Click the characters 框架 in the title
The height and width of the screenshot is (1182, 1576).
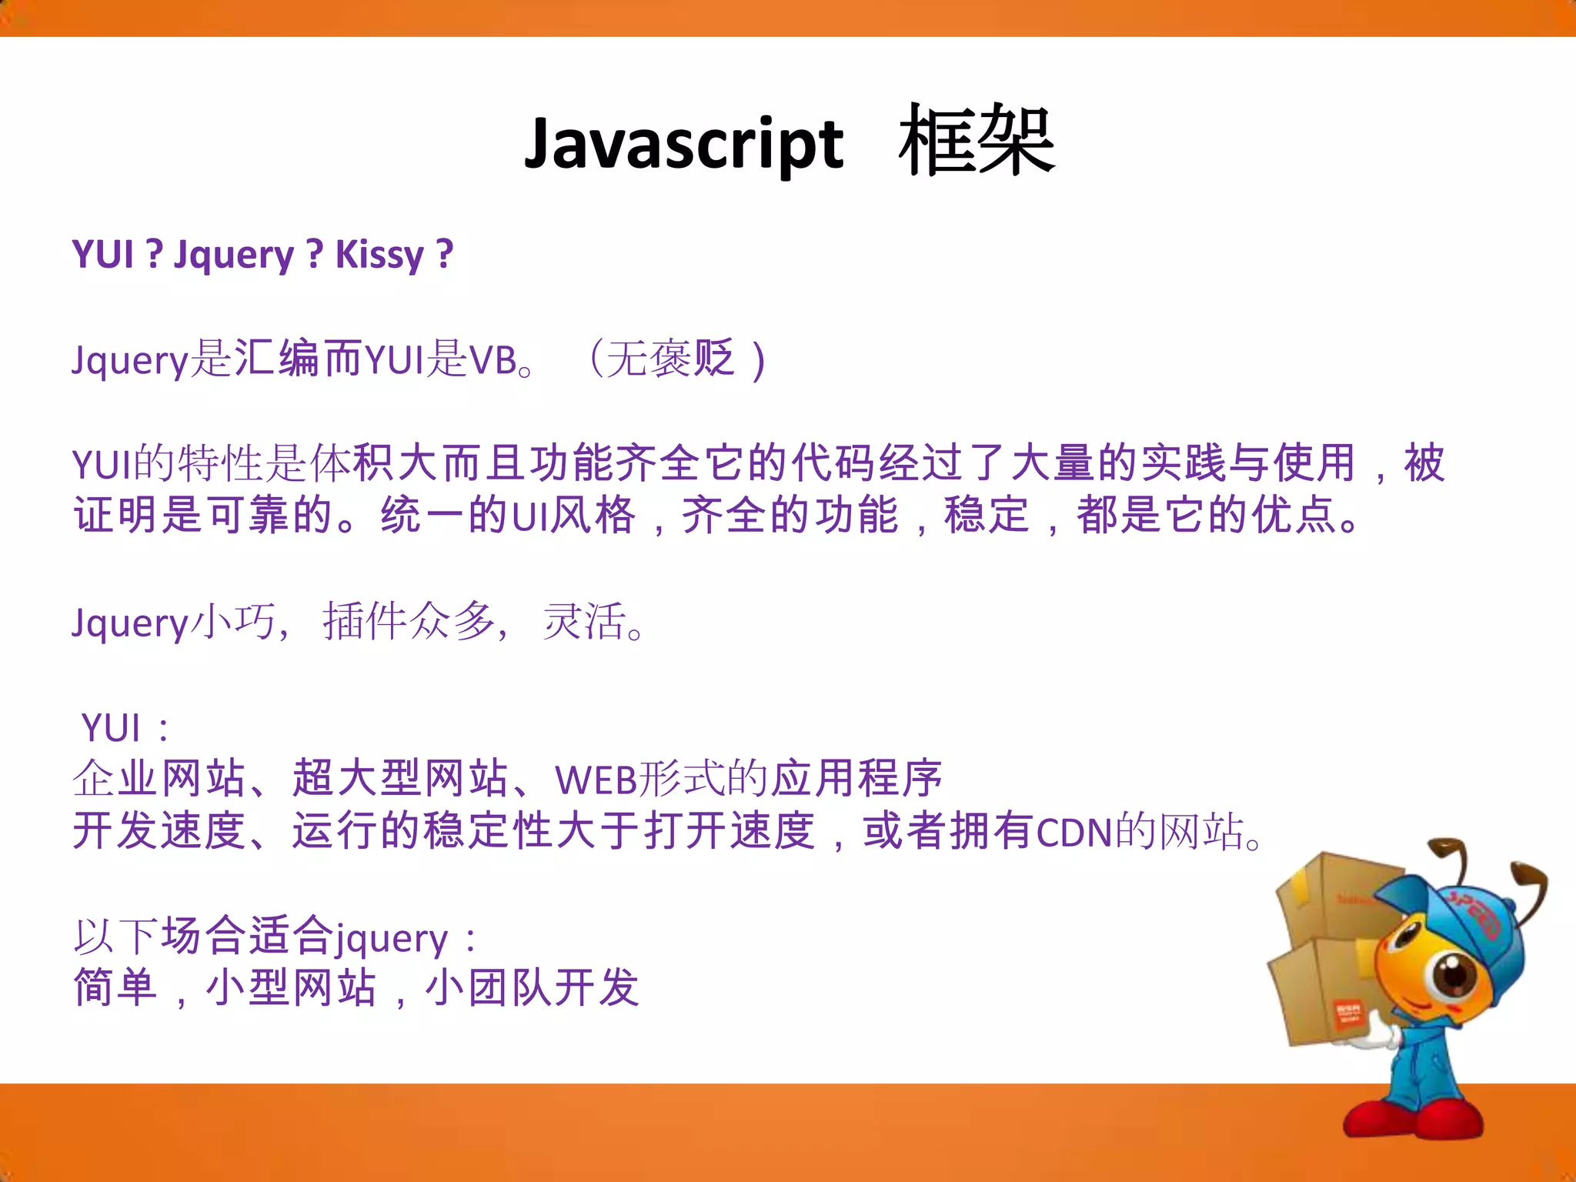976,142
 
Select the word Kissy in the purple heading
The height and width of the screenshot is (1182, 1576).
379,255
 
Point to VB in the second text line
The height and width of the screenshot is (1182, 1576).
492,360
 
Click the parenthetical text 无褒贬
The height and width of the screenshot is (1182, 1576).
670,359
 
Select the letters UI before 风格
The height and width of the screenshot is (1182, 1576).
529,516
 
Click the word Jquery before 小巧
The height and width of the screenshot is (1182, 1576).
129,623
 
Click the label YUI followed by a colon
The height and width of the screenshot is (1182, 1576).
112,728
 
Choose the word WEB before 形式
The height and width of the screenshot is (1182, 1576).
596,780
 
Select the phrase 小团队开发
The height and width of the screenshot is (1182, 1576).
532,988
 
